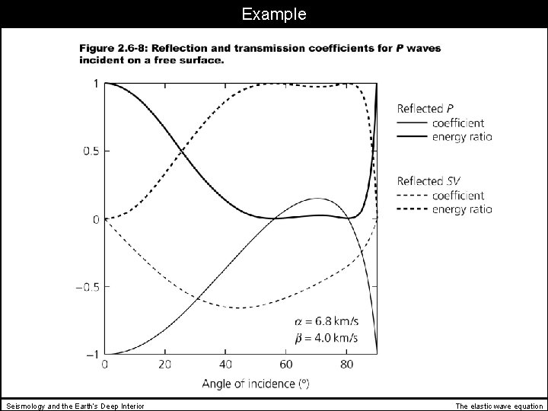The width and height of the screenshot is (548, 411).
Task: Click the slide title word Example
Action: pyautogui.click(x=273, y=14)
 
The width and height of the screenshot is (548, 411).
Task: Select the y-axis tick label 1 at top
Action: pyautogui.click(x=95, y=84)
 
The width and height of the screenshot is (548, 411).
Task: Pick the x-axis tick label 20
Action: pyautogui.click(x=164, y=365)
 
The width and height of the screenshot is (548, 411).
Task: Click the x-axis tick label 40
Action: pyautogui.click(x=226, y=365)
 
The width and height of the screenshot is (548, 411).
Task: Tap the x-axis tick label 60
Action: pyautogui.click(x=287, y=365)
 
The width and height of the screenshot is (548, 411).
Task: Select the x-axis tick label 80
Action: pyautogui.click(x=347, y=365)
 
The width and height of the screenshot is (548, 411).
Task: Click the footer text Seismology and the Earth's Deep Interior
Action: pyautogui.click(x=75, y=406)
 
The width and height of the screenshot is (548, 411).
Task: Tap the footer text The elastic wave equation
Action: pyautogui.click(x=499, y=406)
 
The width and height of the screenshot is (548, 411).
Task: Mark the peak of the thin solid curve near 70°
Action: pyautogui.click(x=317, y=198)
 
